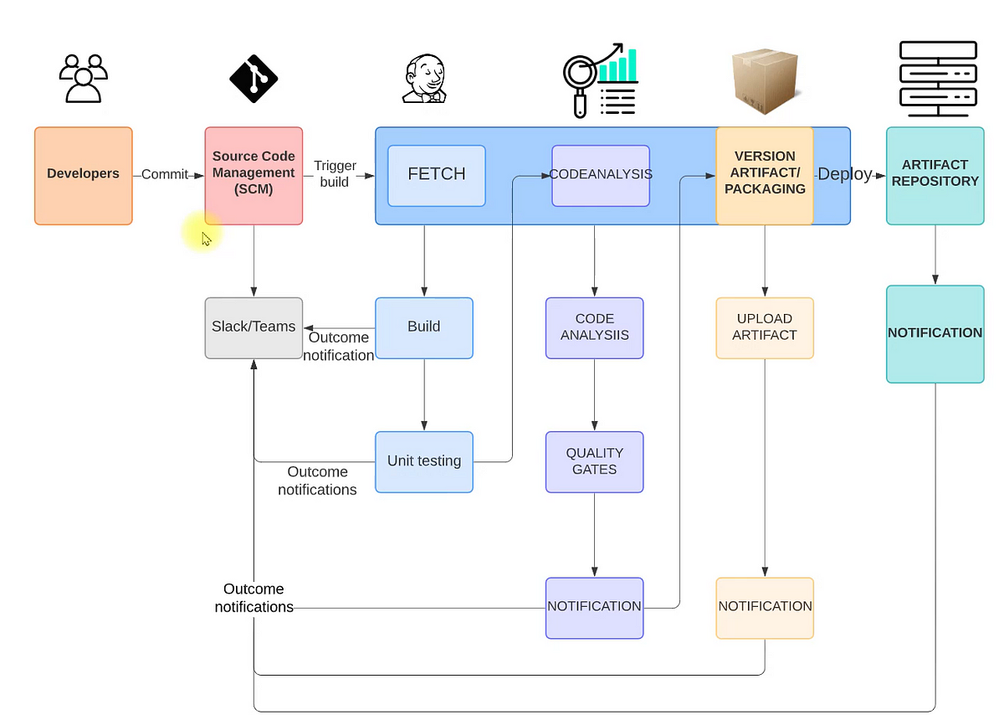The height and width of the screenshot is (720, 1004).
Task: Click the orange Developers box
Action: (x=83, y=175)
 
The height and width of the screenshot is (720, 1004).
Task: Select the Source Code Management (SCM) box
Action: (x=254, y=175)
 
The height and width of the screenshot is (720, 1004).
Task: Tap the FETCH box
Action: (x=436, y=175)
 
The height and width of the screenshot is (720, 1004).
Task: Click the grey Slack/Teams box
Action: (x=254, y=327)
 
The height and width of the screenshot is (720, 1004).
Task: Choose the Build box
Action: (x=423, y=327)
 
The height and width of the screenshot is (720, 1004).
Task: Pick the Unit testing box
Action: (x=423, y=461)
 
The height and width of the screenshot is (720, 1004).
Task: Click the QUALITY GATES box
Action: (x=594, y=461)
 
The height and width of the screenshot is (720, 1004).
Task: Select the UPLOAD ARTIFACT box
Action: (x=764, y=327)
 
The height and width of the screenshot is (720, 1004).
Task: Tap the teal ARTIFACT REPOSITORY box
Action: (x=935, y=175)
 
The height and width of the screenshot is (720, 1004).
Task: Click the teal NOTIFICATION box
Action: (x=935, y=333)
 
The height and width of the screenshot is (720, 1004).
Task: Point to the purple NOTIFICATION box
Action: (x=594, y=607)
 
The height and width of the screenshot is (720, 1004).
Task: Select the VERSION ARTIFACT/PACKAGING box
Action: (x=764, y=175)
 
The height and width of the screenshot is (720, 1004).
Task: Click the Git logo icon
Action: (x=253, y=80)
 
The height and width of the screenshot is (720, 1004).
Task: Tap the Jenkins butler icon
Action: (x=423, y=80)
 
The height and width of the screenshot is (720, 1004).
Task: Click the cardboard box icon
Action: (x=763, y=80)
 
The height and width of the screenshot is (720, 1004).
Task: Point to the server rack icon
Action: (x=937, y=80)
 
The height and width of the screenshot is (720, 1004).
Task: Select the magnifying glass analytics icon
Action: (x=599, y=80)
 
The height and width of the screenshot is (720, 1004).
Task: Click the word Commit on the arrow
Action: (x=164, y=175)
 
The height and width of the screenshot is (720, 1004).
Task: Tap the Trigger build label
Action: (x=335, y=174)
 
